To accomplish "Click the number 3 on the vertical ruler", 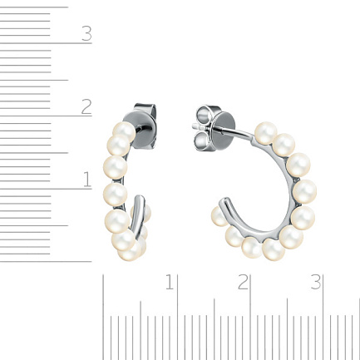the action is click(86, 34).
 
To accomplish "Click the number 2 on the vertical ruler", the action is click(86, 107).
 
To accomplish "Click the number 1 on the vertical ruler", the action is click(87, 180).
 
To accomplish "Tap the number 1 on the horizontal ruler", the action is click(170, 282).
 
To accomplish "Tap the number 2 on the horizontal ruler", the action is click(243, 282).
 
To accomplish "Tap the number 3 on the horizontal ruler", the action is click(316, 282).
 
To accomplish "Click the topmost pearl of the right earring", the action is click(266, 133).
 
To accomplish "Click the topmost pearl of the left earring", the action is click(124, 132).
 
